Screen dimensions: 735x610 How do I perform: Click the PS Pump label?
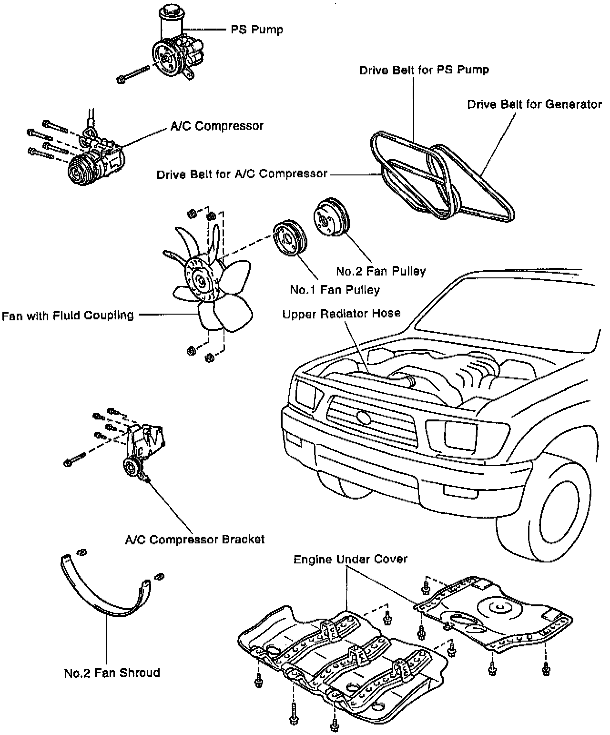pyautogui.click(x=257, y=30)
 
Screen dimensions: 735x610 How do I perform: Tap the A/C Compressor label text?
pyautogui.click(x=217, y=126)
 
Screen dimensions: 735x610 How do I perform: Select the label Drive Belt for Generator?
pyautogui.click(x=534, y=104)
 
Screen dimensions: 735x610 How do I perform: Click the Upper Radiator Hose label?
pyautogui.click(x=341, y=314)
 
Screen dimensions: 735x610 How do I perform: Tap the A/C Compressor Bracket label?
pyautogui.click(x=194, y=540)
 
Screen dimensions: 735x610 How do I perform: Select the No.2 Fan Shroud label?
pyautogui.click(x=112, y=673)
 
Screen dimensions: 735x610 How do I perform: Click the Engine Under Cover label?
pyautogui.click(x=350, y=559)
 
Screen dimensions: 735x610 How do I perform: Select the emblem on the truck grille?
pyautogui.click(x=363, y=418)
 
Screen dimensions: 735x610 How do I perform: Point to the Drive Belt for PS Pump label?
pyautogui.click(x=424, y=70)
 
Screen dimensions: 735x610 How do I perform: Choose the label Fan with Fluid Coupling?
pyautogui.click(x=68, y=316)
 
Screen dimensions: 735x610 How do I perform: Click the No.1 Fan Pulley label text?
pyautogui.click(x=335, y=289)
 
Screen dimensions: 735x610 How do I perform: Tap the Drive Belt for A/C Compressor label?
pyautogui.click(x=242, y=174)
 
